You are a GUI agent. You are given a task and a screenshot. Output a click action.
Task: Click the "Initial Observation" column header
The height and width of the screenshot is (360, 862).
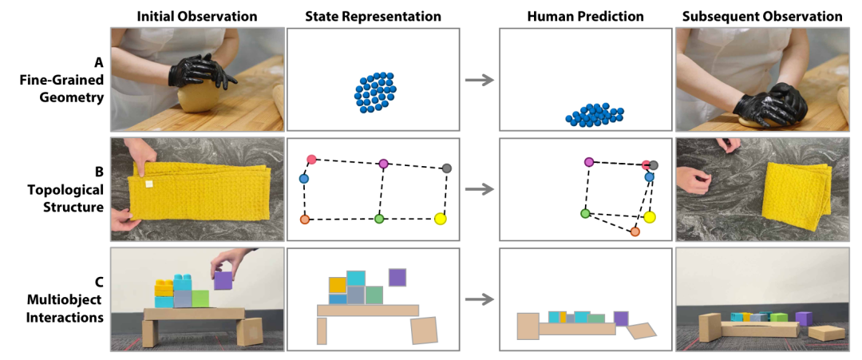pos(197,16)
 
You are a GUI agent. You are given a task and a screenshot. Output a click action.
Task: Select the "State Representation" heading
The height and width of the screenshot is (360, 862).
pos(373,16)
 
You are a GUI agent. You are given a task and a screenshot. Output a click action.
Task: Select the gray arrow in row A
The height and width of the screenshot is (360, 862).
pos(479,80)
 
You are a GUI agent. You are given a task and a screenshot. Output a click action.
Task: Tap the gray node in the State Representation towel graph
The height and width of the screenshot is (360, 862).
pos(446,168)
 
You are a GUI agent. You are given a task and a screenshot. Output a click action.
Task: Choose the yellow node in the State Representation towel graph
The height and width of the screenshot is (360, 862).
pos(440,219)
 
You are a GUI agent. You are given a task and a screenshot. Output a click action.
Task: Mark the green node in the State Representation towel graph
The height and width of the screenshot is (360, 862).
pos(379,218)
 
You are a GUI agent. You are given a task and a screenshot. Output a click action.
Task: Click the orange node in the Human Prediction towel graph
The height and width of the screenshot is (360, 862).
pos(635,231)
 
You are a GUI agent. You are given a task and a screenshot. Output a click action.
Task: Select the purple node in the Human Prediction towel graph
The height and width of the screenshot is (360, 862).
pos(589,162)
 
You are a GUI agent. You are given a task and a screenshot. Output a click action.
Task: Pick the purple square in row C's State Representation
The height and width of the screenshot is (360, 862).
pos(397,277)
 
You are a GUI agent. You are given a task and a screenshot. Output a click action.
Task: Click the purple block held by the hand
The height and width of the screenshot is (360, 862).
pos(223,280)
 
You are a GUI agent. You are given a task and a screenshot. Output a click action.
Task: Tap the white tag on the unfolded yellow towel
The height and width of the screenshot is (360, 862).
pos(148,184)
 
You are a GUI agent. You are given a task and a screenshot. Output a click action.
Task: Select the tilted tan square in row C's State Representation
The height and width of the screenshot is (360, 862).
pos(424,330)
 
